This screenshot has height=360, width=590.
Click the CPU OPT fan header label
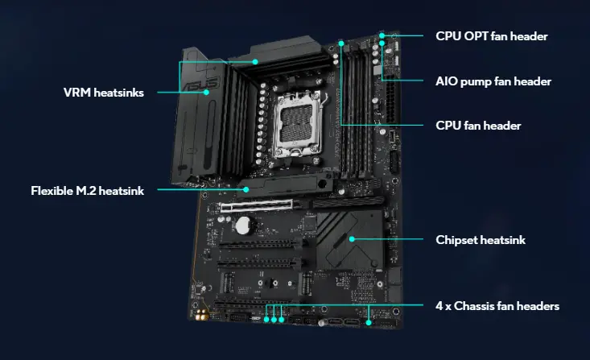coord(492,36)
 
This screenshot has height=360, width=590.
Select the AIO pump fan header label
coord(493,81)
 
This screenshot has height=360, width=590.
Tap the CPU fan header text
coord(478,126)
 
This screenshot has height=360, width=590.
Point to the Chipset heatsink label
coord(481,240)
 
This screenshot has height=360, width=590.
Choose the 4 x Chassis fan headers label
coord(497,306)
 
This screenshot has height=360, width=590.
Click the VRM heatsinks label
coord(104,93)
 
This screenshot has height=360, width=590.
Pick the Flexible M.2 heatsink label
coord(87,191)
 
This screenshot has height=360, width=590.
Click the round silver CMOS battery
coord(243,226)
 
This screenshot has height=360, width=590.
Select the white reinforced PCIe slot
coord(256,206)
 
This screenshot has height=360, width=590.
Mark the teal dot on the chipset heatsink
coord(352,239)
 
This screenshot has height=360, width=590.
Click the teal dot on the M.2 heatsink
coord(245,189)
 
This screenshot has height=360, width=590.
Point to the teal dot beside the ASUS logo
coord(206,93)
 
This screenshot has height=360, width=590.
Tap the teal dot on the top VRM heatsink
coord(255,62)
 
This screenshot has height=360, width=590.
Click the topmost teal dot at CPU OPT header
coord(382,35)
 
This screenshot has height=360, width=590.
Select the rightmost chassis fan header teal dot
coord(369,323)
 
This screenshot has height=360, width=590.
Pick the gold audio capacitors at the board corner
coord(202,316)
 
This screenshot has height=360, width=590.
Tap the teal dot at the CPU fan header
coord(341,43)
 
